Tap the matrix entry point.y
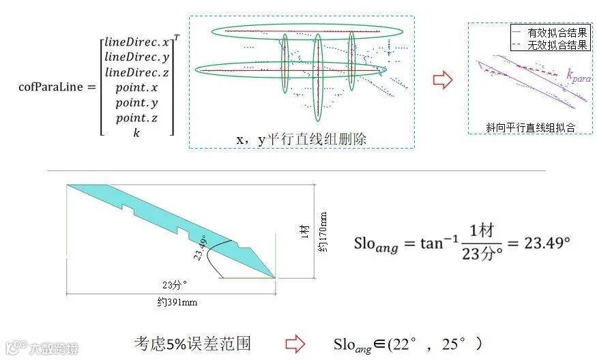(136, 102)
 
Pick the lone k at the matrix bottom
(136, 133)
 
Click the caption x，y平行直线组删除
(302, 138)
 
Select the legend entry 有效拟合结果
(557, 33)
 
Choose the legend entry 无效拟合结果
(557, 45)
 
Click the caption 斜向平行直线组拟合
(530, 127)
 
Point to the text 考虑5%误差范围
(192, 343)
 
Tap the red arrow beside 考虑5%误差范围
(294, 344)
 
